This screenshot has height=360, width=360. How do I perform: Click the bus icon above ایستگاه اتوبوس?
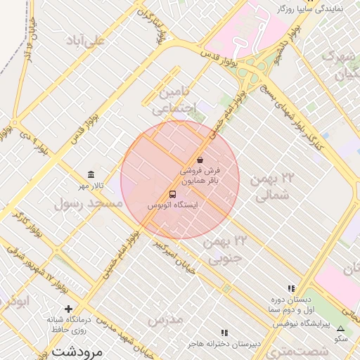172,193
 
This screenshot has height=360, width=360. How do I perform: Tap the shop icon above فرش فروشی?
200,159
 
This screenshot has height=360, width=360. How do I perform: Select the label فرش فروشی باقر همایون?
200,176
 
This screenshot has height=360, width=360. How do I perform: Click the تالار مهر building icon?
91,175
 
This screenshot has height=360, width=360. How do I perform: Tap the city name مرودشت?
78,349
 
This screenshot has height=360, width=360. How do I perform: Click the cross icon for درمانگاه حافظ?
68,309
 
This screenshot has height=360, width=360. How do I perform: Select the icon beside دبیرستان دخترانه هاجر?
224,332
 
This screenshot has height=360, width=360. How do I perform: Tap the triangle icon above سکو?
341,328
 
